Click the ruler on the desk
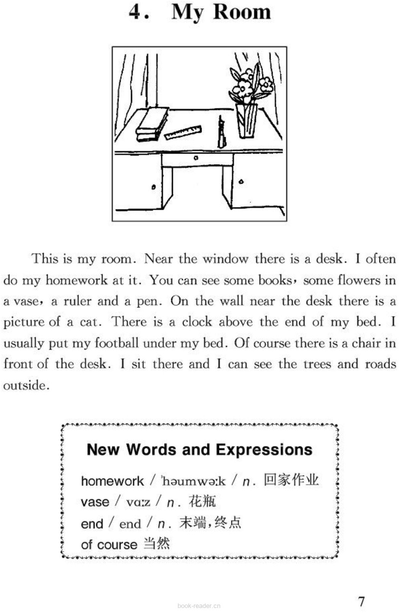pos(183,132)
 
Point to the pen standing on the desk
pos(220,133)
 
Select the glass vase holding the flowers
pos(247,121)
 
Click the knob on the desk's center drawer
pos(196,158)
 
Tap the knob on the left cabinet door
pos(154,187)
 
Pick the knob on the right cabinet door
pos(242,184)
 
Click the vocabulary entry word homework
pos(112,481)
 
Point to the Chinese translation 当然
pos(156,544)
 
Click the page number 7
pos(362,601)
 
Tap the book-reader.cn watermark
pos(199,606)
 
